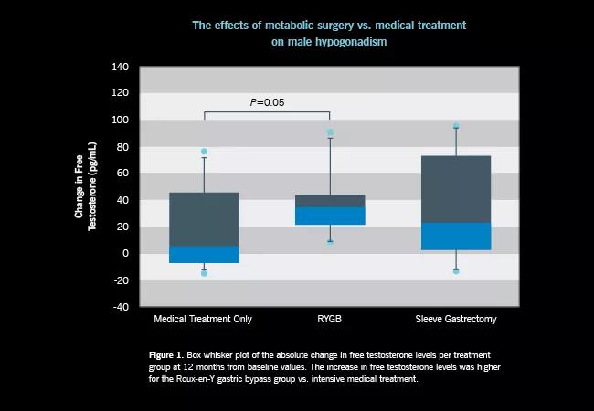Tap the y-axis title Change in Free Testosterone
(85, 187)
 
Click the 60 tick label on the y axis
(122, 174)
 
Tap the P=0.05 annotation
(267, 102)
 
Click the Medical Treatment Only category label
(203, 320)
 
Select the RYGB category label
(330, 320)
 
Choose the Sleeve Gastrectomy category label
(456, 320)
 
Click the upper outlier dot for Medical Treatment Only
(204, 152)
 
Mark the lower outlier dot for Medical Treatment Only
(204, 273)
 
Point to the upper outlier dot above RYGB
(330, 132)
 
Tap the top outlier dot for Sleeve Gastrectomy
(456, 126)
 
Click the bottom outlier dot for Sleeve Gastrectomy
(456, 271)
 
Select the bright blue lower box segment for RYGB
(330, 216)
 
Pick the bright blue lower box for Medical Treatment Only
(204, 255)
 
